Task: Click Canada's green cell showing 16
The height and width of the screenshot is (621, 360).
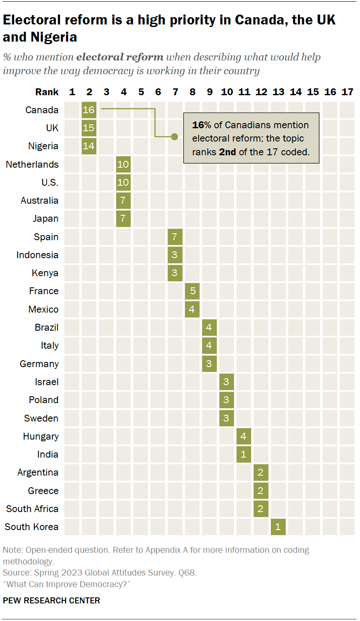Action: [89, 110]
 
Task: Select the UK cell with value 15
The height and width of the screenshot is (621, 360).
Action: [89, 128]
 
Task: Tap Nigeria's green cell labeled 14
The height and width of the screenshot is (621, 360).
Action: [89, 146]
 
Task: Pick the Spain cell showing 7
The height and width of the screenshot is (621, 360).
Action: [175, 237]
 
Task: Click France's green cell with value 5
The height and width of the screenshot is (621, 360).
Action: [192, 291]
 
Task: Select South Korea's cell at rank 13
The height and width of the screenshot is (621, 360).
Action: [278, 527]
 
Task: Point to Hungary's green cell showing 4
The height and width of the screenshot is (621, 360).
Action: [244, 436]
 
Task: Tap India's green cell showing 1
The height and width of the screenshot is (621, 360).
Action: [244, 454]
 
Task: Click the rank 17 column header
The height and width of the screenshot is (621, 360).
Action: [347, 92]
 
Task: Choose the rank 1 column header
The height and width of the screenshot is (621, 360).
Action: [72, 92]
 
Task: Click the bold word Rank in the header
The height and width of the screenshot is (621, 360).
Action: [47, 92]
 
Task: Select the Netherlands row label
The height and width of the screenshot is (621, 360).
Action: [32, 164]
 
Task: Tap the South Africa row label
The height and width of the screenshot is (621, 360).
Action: [32, 509]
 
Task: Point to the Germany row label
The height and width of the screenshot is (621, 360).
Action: [39, 364]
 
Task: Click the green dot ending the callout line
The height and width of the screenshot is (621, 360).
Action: [174, 137]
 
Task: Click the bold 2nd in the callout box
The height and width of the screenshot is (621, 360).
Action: [227, 152]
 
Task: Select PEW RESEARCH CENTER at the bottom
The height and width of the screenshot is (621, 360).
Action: [51, 600]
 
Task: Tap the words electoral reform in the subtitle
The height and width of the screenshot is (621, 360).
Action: [120, 57]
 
